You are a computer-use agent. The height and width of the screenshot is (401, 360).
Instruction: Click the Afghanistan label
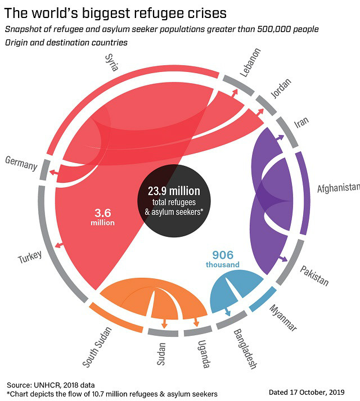(x=338, y=187)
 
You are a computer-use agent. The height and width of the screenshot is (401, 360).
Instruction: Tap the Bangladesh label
(x=244, y=349)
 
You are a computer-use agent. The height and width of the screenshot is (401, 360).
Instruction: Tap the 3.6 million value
(x=102, y=218)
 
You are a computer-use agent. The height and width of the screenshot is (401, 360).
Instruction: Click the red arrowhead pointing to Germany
(x=51, y=172)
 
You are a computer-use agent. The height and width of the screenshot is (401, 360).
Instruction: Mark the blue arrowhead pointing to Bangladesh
(x=227, y=311)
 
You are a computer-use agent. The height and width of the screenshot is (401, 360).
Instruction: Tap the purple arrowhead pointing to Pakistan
(x=285, y=259)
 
